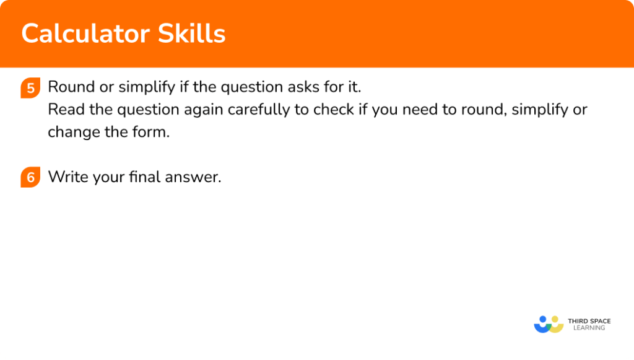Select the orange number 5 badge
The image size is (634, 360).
pos(29,87)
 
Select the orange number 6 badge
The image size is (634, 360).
pos(29,178)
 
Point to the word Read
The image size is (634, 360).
pos(64,110)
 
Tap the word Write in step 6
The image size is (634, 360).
pos(66,177)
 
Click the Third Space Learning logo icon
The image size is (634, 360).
pos(548,324)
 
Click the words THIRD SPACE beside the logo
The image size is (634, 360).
pos(589,320)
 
